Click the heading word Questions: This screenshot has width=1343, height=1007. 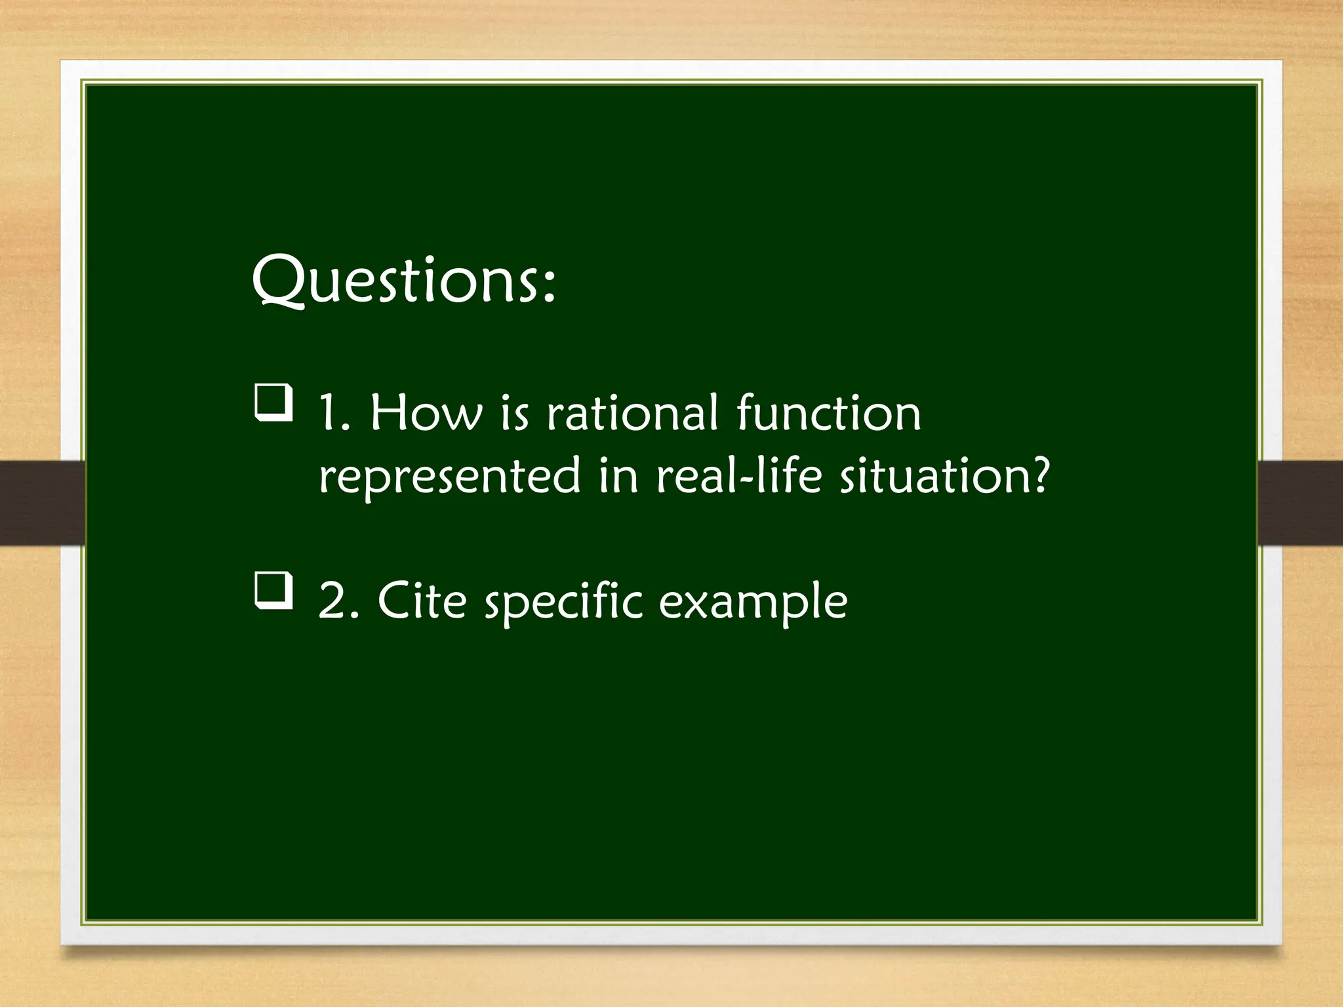[x=404, y=281]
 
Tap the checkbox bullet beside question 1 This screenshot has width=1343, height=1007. [x=273, y=403]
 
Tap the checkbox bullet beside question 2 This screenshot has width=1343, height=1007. [x=273, y=590]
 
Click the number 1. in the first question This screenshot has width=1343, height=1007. [x=334, y=414]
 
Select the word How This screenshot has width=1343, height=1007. [x=426, y=414]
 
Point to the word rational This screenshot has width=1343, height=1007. [x=632, y=414]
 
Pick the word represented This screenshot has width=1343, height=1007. [x=450, y=477]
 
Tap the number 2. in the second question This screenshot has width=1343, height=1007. [x=338, y=601]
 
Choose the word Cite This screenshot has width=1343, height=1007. [x=422, y=601]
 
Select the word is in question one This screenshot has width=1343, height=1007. [x=514, y=415]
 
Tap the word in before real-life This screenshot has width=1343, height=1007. [x=618, y=476]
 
